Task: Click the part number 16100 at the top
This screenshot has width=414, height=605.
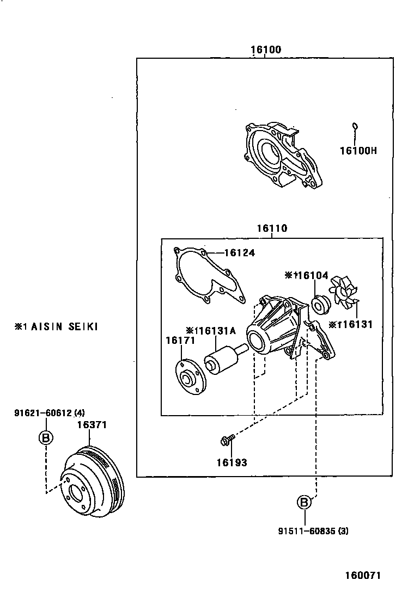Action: (266, 50)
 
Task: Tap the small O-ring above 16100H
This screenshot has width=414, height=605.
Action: (355, 126)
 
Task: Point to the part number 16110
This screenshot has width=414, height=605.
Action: (272, 229)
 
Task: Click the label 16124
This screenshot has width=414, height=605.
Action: (239, 253)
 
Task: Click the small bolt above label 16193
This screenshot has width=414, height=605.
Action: (228, 438)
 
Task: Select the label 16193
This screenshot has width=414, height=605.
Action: (231, 463)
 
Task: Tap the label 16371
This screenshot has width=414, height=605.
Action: (91, 424)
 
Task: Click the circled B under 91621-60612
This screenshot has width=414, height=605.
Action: (46, 437)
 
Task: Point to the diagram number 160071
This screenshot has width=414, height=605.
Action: (362, 575)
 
